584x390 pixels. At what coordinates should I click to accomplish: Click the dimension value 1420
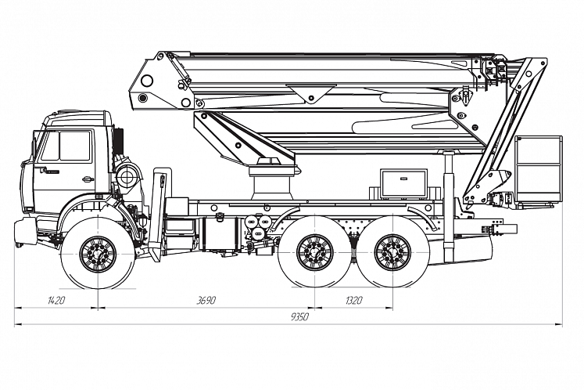click(x=56, y=300)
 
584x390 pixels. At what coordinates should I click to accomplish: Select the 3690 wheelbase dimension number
click(x=206, y=300)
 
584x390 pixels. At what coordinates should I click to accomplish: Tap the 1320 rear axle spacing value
click(x=354, y=300)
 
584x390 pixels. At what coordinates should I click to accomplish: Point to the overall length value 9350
click(x=299, y=317)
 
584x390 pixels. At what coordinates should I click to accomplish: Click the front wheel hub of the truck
click(x=98, y=255)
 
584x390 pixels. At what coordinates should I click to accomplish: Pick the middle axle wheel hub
click(x=315, y=253)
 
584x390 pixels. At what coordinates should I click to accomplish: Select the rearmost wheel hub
click(x=393, y=253)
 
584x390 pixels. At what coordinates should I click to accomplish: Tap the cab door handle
click(x=88, y=179)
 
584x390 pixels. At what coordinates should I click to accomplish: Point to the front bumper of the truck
click(x=25, y=231)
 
